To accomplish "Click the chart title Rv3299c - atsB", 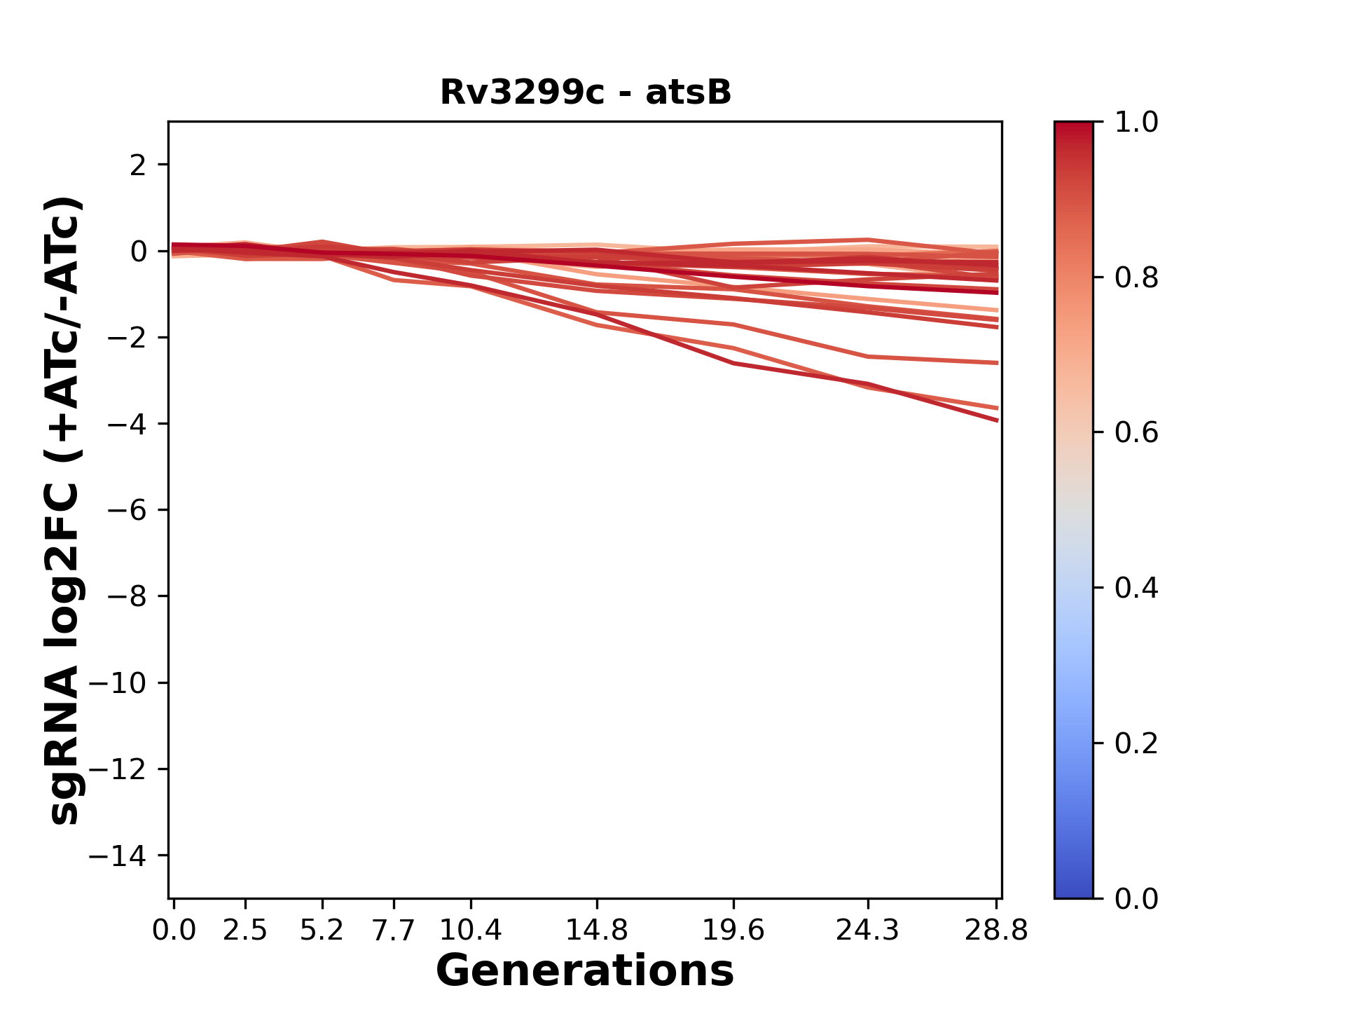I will pos(585,92).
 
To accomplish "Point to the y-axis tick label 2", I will pos(138,165).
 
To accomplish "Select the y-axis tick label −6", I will pos(127,510).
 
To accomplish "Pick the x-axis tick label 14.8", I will pos(596,931).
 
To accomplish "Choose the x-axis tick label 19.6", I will pos(733,931).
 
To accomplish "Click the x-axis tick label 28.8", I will pos(996,931).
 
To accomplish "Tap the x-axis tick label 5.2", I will pos(322,931).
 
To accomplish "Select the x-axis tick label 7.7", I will pos(394,931).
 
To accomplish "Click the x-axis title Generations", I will pos(585,971).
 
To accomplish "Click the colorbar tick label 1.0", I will pos(1136,123).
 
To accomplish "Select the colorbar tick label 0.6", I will pos(1136,433).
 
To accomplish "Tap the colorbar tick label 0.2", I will pos(1136,743).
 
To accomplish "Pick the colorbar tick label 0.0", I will pos(1136,899).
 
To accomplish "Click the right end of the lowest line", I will pos(997,420).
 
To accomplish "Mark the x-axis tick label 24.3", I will pos(868,931).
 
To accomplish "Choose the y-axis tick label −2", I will pos(127,338).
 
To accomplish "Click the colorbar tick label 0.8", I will pos(1136,278).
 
